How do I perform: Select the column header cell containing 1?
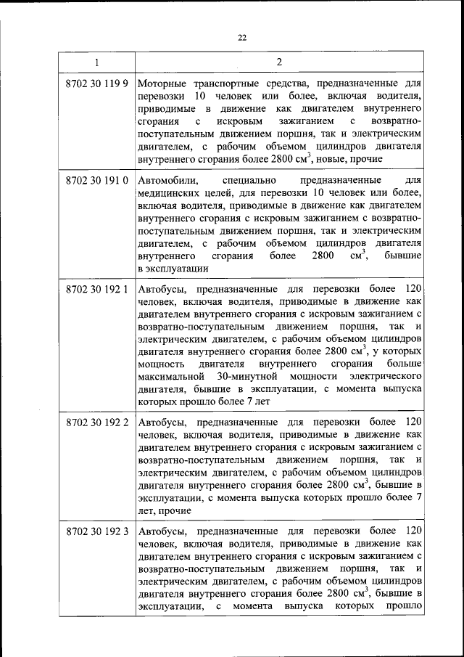pyautogui.click(x=97, y=62)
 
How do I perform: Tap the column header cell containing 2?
pyautogui.click(x=279, y=62)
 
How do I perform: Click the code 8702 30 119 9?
pyautogui.click(x=97, y=83)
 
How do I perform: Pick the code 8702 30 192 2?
pyautogui.click(x=97, y=422)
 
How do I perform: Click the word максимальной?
pyautogui.click(x=170, y=377)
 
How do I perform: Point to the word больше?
pyautogui.click(x=404, y=364)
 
